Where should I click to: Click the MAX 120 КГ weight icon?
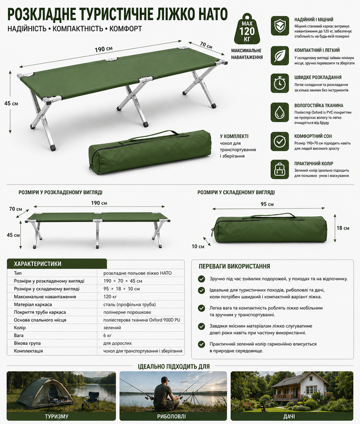pyautogui.click(x=247, y=29)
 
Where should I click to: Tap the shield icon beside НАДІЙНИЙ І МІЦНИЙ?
pyautogui.click(x=280, y=26)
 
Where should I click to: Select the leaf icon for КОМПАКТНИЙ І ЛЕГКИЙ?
pyautogui.click(x=280, y=56)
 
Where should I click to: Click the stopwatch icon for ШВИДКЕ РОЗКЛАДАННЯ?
pyautogui.click(x=280, y=84)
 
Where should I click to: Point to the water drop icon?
pyautogui.click(x=280, y=112)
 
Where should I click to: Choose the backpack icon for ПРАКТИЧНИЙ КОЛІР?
pyautogui.click(x=280, y=170)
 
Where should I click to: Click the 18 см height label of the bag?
pyautogui.click(x=343, y=228)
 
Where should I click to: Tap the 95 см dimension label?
pyautogui.click(x=267, y=204)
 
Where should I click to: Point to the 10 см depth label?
pyautogui.click(x=198, y=246)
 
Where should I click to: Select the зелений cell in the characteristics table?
pyautogui.click(x=112, y=328)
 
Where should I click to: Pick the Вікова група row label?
pyautogui.click(x=28, y=343)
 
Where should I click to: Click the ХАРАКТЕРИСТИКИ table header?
pyautogui.click(x=38, y=264)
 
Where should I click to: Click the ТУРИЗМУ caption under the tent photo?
pyautogui.click(x=57, y=417)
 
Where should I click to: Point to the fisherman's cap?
pyautogui.click(x=165, y=379)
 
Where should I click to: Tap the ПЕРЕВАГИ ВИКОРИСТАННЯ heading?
pyautogui.click(x=234, y=267)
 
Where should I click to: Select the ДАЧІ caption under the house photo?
pyautogui.click(x=289, y=417)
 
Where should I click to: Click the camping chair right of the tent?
pyautogui.click(x=90, y=400)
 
